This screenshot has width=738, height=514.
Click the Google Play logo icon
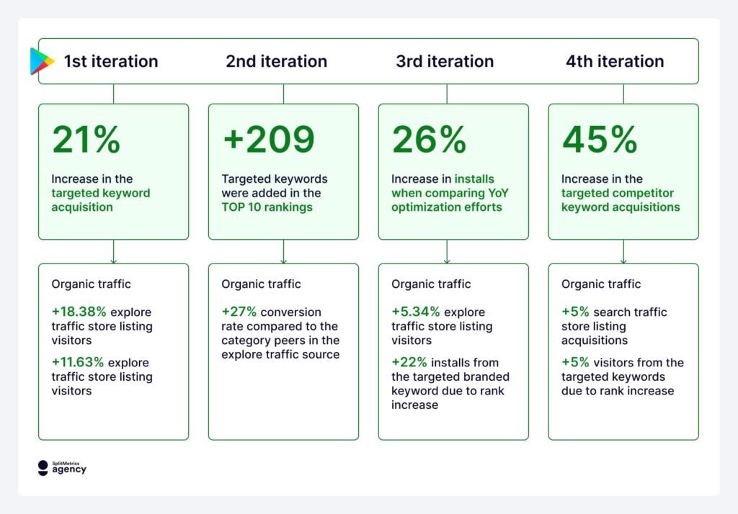pos(42,61)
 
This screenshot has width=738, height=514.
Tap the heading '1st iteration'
pos(110,61)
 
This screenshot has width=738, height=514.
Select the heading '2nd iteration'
pos(276,61)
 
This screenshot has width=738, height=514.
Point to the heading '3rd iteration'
pos(445,61)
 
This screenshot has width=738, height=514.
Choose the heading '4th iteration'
pos(615,61)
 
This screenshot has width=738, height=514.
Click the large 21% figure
pos(86,140)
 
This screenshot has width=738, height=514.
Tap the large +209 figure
pos(268,140)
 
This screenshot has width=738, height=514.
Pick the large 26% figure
pos(429,140)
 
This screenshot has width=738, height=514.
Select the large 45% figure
pos(600,140)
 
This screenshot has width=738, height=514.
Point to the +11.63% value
pos(79,363)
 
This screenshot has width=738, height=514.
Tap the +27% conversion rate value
pos(239,312)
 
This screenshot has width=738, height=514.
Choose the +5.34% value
pos(416,312)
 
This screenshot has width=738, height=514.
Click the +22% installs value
pos(409,363)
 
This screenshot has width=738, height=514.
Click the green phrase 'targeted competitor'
pos(618,193)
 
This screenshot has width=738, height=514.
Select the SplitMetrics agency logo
pos(62,468)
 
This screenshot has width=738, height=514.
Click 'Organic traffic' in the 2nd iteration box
pos(261,284)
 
